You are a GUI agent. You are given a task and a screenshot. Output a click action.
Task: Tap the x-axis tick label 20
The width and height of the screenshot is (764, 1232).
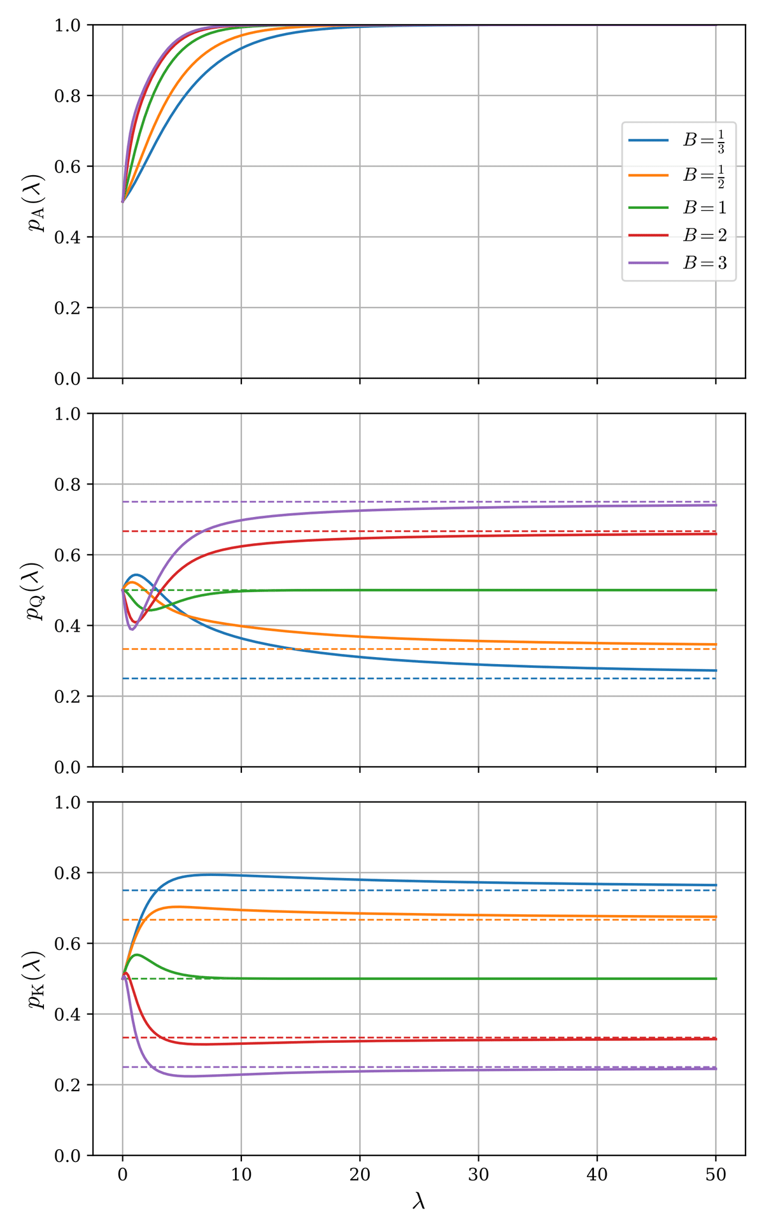pos(360,1175)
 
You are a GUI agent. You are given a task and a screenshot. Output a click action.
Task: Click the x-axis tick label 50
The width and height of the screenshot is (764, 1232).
pos(716,1175)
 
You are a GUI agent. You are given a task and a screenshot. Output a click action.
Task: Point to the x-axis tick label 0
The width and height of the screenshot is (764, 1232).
pos(122,1175)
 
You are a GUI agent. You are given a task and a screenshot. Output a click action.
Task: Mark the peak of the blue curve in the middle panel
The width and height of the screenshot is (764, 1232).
pos(136,574)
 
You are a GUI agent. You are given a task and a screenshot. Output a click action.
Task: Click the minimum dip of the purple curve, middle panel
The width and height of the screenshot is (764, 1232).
pos(132,629)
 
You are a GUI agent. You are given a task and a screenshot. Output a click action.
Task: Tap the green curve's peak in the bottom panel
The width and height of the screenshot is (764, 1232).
pos(136,954)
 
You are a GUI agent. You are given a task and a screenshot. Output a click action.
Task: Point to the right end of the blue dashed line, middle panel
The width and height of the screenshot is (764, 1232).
pos(716,679)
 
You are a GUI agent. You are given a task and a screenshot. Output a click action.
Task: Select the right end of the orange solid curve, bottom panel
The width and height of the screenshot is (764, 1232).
pos(716,917)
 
